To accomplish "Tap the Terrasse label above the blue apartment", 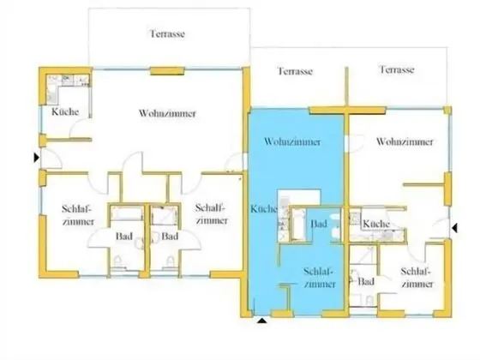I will [295, 71].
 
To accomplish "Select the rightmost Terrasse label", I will [397, 70].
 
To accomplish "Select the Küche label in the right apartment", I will [376, 224].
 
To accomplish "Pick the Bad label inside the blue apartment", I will [319, 224].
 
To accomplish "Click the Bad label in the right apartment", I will [366, 281].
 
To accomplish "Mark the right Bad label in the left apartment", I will [169, 236].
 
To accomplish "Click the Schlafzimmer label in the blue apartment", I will [317, 279].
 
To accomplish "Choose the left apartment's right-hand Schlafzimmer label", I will [211, 213].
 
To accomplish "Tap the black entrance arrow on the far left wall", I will [35, 158].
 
